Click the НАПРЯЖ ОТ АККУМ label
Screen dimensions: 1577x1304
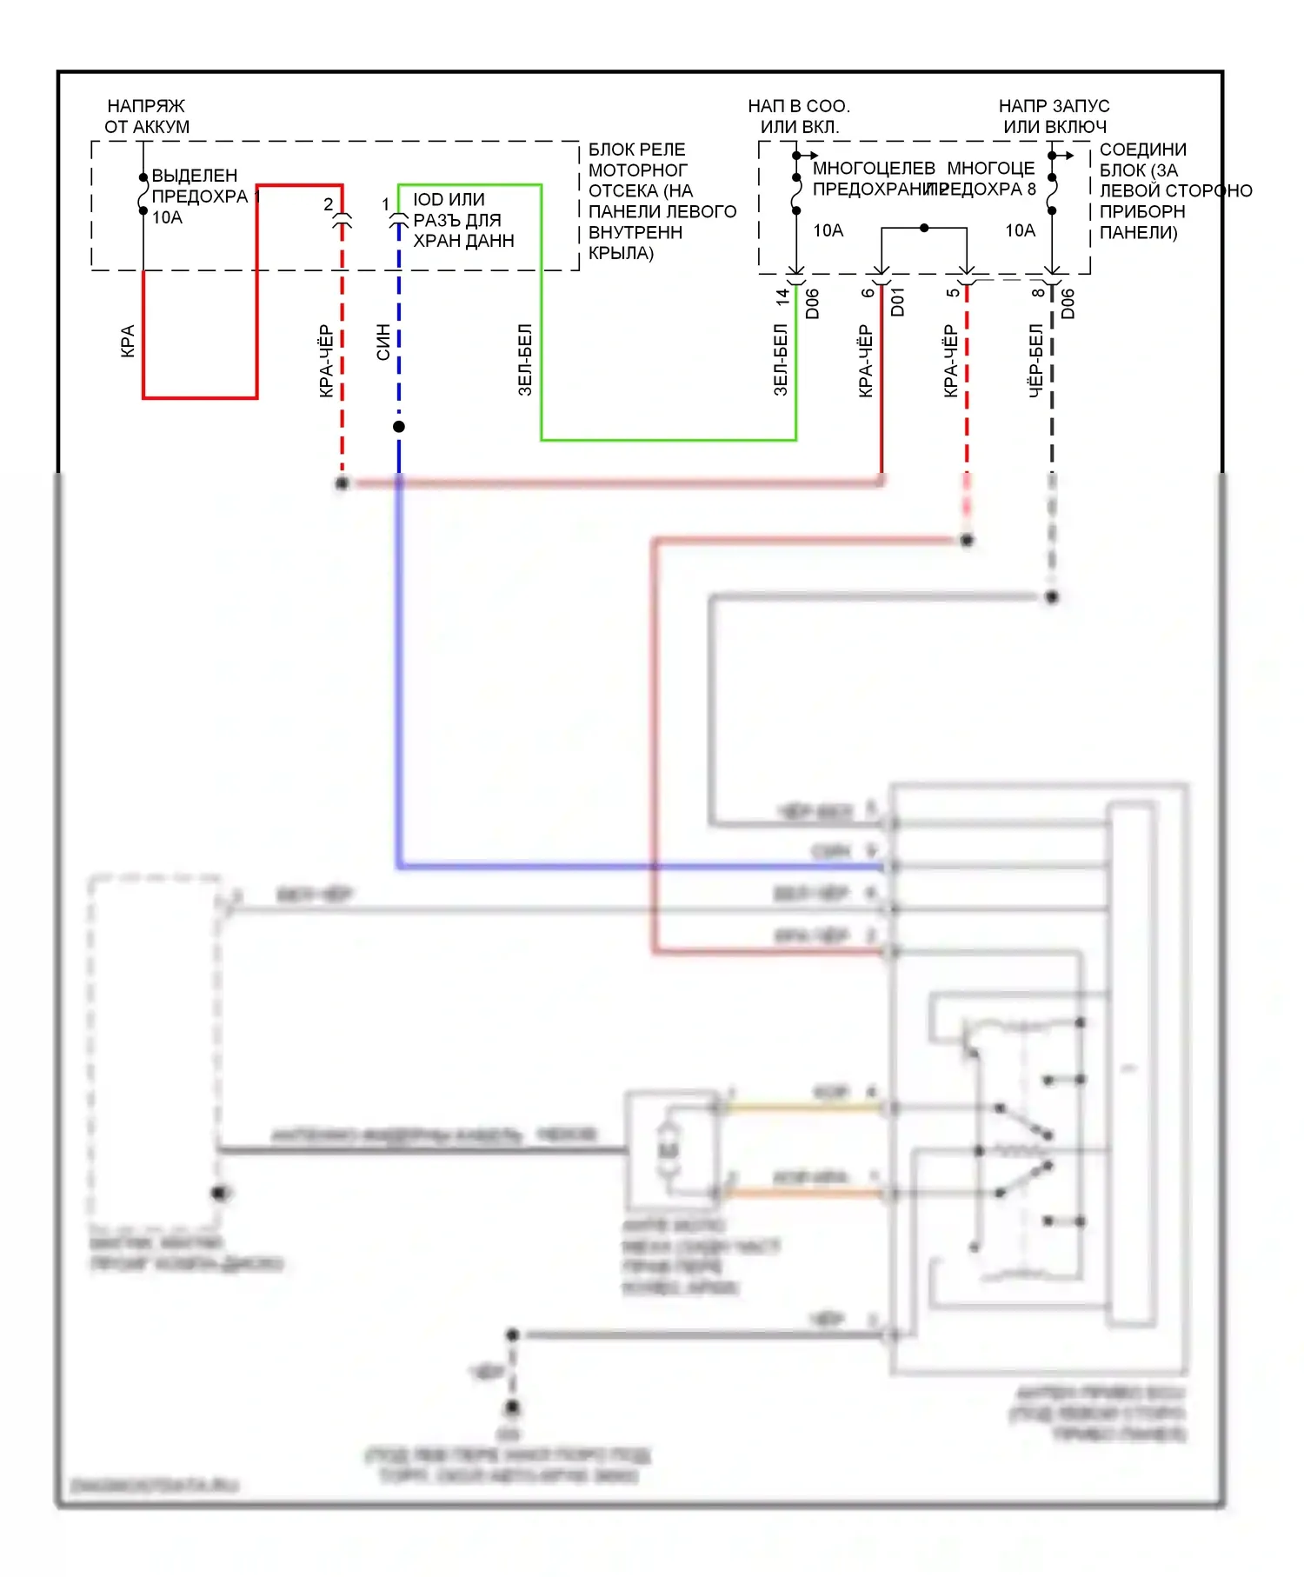coord(146,116)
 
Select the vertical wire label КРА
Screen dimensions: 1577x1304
coord(128,342)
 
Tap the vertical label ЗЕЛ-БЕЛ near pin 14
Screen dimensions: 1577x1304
coord(781,360)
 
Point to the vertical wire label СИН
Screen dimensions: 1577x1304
coord(383,342)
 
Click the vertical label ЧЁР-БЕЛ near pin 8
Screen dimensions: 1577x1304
coord(1036,361)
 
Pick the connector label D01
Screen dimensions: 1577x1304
coord(898,302)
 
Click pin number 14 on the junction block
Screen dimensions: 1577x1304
coord(782,296)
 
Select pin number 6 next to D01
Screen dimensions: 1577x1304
coord(868,293)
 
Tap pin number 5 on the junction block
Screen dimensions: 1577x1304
coord(953,293)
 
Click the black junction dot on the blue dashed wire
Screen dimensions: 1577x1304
coord(399,427)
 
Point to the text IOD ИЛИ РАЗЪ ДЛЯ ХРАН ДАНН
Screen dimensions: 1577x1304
coord(462,220)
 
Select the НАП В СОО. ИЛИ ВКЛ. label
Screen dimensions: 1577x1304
coord(799,116)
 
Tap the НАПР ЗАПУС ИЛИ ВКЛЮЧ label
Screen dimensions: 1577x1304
coord(1054,116)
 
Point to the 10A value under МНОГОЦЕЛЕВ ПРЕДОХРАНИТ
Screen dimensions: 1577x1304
coord(828,230)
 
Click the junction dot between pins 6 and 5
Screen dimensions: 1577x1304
coord(924,228)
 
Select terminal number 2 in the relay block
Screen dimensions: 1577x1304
coord(328,204)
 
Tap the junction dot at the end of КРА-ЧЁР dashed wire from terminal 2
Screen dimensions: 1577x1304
coord(343,483)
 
